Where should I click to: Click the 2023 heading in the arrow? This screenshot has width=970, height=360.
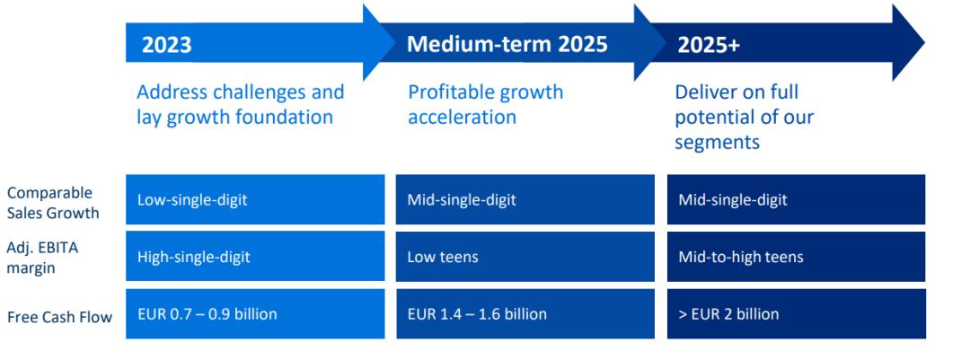(166, 45)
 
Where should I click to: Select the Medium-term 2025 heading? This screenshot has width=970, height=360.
(507, 44)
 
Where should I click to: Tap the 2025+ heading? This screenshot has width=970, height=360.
(709, 45)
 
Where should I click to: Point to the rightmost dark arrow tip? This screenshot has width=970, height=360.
(925, 42)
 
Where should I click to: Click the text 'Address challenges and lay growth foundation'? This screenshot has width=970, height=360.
(240, 104)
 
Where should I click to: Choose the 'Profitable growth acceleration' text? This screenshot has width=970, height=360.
(486, 104)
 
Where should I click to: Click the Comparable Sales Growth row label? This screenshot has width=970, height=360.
(53, 203)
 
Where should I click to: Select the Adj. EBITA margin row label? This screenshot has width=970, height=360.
(43, 257)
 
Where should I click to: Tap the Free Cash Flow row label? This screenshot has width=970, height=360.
(60, 317)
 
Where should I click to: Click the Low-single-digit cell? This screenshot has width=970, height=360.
(255, 199)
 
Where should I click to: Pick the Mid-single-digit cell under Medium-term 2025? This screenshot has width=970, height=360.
(525, 199)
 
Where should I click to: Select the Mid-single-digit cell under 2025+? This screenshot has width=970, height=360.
(796, 199)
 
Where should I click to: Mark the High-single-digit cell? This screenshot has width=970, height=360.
(255, 257)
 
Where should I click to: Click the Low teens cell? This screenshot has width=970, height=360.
(525, 257)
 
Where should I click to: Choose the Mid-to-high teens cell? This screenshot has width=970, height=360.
(796, 257)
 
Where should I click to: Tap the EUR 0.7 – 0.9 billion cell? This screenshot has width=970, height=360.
(255, 313)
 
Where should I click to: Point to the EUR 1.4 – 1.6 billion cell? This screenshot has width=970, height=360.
(525, 313)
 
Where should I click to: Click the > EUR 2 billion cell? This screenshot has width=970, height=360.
(796, 313)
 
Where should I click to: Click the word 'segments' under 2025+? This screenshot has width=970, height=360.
(717, 142)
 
